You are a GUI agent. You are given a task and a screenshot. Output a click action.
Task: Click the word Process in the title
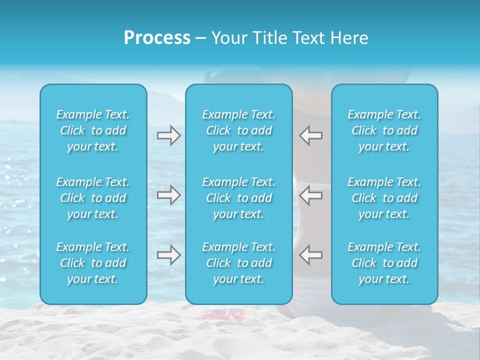click(x=157, y=38)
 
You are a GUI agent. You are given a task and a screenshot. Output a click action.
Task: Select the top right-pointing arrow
click(x=168, y=135)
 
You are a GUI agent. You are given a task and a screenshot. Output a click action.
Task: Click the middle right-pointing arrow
click(x=168, y=195)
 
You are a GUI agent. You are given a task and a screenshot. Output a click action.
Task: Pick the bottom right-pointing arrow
click(x=168, y=255)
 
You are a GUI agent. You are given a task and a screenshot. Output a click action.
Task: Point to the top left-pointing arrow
click(x=310, y=135)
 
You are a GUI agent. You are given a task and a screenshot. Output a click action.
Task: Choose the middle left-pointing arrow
click(x=310, y=195)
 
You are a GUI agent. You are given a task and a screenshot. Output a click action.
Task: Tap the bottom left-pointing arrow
click(x=310, y=255)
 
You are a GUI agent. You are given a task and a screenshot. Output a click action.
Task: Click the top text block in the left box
click(x=93, y=130)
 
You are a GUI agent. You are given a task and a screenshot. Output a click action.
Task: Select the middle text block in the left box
click(x=93, y=198)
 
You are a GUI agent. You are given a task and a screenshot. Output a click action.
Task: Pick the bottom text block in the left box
click(x=93, y=263)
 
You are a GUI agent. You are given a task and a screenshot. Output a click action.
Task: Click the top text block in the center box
click(x=239, y=130)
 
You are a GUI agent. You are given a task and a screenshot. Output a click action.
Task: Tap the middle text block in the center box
click(x=239, y=198)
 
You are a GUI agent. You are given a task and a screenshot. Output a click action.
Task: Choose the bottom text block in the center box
click(x=239, y=263)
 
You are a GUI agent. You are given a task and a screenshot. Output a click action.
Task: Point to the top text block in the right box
click(x=384, y=130)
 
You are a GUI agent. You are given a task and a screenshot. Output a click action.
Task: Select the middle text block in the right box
click(x=384, y=198)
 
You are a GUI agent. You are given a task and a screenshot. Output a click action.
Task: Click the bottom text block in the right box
click(x=384, y=263)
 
